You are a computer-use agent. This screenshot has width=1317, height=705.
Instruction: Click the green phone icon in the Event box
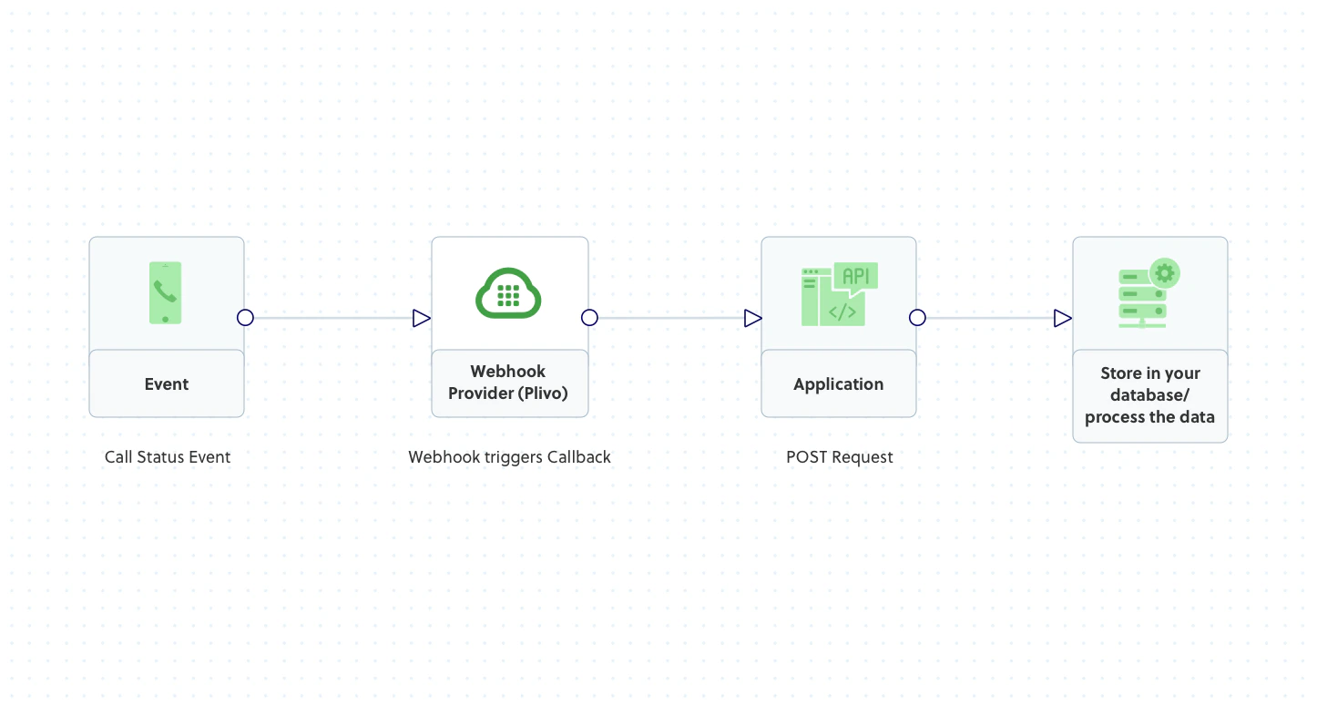click(x=165, y=292)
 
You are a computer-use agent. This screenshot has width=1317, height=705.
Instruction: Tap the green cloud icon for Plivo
click(x=508, y=293)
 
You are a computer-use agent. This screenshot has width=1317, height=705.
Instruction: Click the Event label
click(x=167, y=384)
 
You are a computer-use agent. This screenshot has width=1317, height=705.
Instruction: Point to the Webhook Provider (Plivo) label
click(x=508, y=383)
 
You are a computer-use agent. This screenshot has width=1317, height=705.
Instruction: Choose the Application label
click(x=838, y=384)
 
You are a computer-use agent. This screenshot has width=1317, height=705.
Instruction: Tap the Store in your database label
click(x=1149, y=395)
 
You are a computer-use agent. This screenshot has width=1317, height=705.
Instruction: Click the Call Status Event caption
click(x=168, y=457)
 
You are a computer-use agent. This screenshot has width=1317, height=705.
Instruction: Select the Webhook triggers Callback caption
click(x=509, y=457)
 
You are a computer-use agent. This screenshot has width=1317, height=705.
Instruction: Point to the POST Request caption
click(x=839, y=457)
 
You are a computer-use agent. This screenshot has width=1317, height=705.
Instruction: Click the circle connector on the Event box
click(x=245, y=318)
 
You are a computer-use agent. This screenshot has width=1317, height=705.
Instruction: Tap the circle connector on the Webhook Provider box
click(x=589, y=318)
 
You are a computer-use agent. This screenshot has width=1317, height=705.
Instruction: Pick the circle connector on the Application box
click(x=917, y=318)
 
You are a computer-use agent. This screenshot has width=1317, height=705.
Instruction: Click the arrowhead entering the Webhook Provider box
click(x=421, y=318)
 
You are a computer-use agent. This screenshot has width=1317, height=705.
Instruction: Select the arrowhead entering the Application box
click(x=751, y=318)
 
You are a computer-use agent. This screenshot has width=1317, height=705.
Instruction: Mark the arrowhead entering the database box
click(x=1062, y=318)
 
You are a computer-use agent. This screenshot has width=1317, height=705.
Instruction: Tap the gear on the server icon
click(x=1165, y=272)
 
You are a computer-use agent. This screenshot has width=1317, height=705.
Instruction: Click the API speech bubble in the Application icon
click(x=855, y=277)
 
